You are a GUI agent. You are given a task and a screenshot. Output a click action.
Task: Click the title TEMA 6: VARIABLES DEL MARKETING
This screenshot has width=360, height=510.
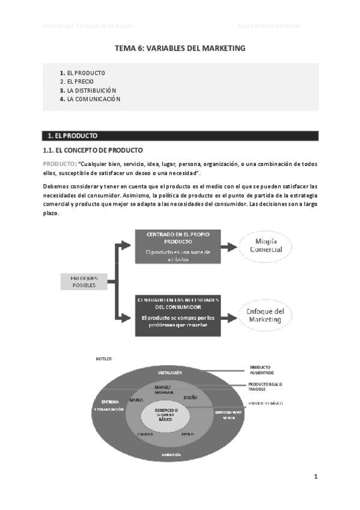180,48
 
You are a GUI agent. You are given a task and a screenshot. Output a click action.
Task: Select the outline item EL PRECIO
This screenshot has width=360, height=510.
80,81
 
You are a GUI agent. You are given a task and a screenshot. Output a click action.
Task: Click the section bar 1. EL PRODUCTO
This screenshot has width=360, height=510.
180,135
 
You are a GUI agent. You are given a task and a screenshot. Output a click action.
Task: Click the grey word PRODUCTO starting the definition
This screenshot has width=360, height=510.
59,164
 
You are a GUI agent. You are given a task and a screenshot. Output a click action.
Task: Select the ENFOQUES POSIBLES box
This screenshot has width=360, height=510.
84,281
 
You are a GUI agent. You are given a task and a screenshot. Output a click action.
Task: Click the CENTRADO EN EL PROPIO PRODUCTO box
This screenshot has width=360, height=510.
177,247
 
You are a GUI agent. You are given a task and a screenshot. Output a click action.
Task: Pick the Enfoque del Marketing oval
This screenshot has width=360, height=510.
266,316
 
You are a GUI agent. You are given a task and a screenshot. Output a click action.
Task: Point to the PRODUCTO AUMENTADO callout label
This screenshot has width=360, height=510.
261,369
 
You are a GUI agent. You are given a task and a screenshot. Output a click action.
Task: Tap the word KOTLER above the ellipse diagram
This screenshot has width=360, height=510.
103,358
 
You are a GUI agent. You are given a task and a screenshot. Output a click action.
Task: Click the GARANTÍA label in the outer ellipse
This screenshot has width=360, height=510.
171,455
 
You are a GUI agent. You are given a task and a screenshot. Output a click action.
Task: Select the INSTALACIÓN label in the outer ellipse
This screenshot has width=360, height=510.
170,373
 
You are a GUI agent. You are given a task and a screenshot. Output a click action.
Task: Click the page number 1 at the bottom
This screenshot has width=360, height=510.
315,477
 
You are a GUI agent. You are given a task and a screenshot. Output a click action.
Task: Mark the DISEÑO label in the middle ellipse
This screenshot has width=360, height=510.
191,398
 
